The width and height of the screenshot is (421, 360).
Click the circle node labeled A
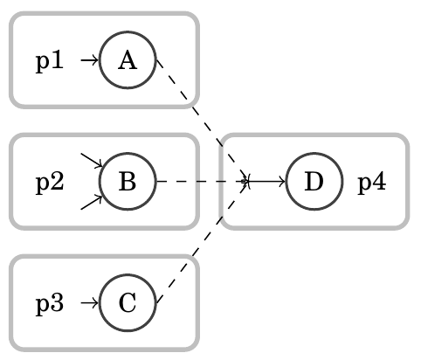128,60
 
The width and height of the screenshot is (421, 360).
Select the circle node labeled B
128,182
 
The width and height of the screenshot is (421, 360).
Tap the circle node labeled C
128,303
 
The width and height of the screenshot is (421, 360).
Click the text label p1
50,61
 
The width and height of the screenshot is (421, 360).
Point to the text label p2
50,183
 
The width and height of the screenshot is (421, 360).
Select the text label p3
50,304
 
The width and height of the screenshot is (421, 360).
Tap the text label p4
372,183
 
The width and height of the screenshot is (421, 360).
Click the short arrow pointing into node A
89,60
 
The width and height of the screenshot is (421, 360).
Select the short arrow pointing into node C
89,303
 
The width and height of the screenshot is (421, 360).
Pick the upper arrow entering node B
93,161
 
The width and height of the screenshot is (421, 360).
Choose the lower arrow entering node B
93,203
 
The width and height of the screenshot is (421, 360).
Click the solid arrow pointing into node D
267,182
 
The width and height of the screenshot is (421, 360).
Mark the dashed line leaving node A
203,120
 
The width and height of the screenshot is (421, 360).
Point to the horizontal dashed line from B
201,182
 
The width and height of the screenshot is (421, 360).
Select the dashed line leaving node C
203,244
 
